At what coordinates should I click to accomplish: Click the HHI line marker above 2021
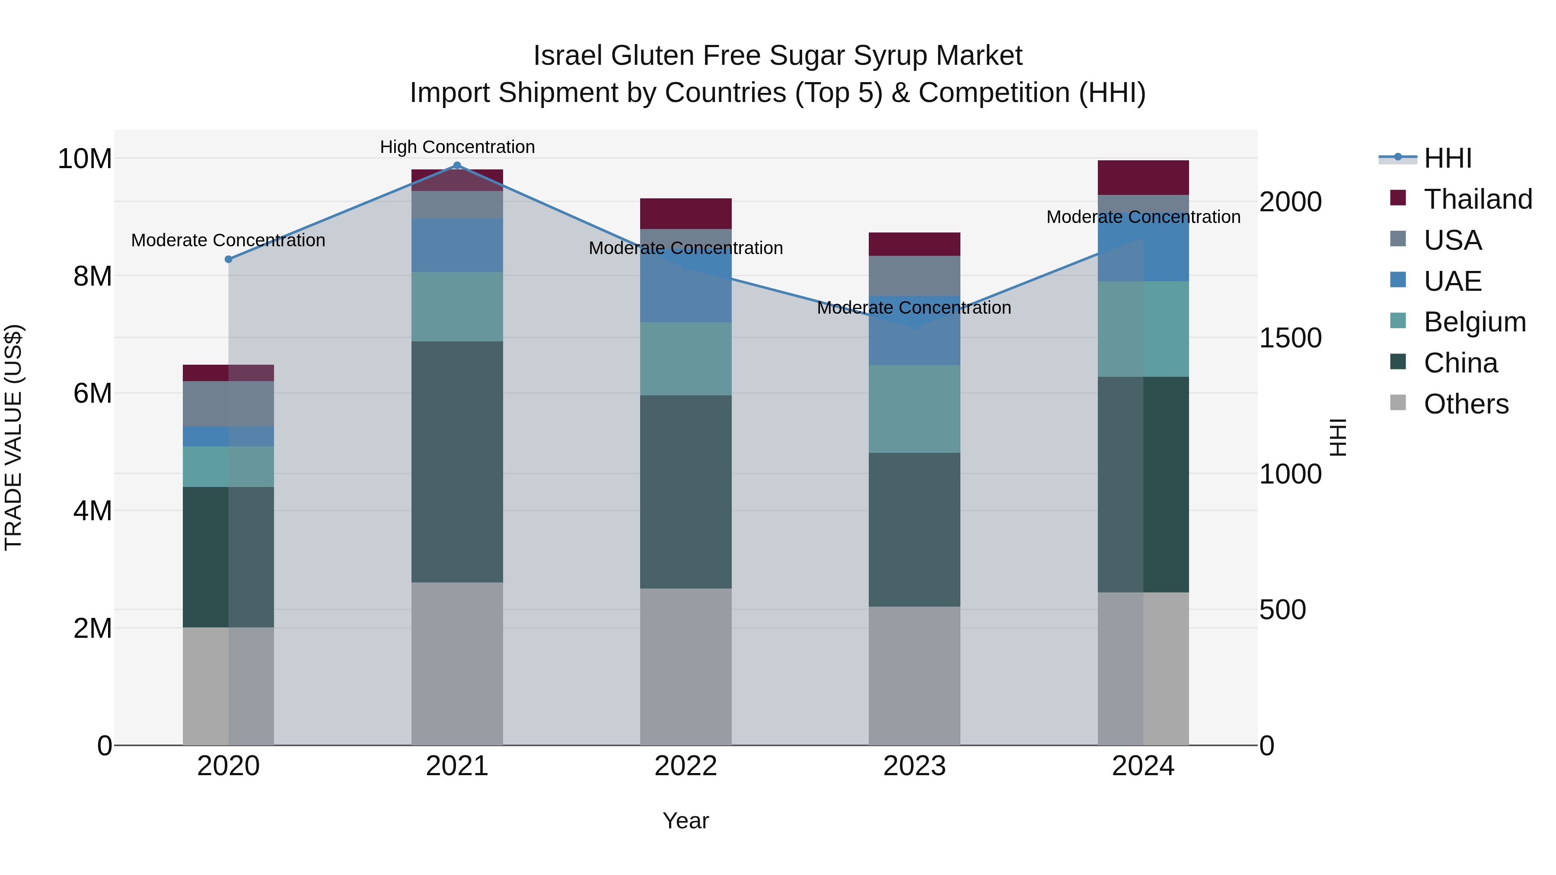pos(457,165)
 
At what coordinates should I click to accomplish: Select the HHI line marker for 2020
pos(228,259)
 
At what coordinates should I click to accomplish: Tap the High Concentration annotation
pos(457,147)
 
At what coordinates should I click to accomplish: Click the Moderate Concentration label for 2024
pos(1143,217)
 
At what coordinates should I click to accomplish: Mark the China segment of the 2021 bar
pos(457,462)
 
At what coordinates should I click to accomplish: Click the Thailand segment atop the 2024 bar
pos(1143,178)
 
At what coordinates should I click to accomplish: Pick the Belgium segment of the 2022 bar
pos(686,359)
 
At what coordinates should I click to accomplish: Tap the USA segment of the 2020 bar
pos(228,404)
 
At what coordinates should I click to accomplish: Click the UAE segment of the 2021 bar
pos(457,245)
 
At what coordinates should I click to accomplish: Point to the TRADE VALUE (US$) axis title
pos(14,437)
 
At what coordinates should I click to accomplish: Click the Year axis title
pos(686,821)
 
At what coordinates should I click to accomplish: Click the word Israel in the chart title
pos(568,56)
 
